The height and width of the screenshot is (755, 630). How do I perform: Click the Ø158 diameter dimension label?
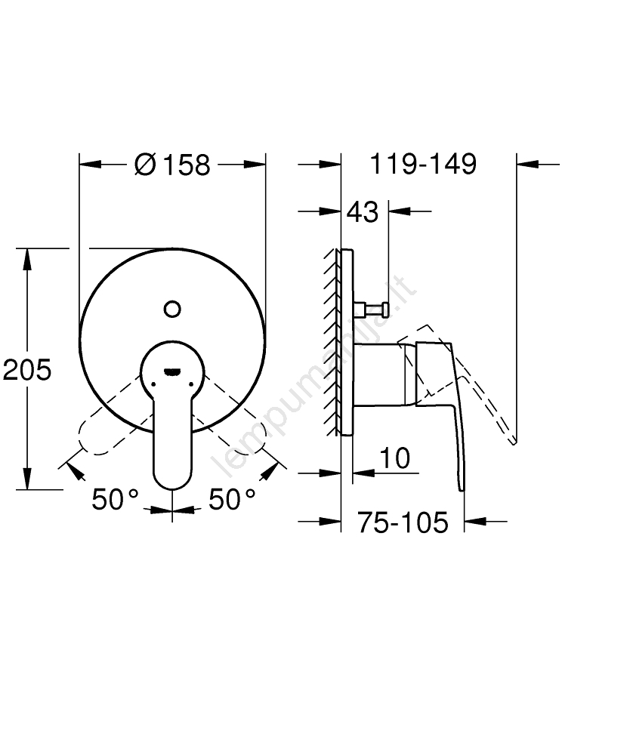point(172,165)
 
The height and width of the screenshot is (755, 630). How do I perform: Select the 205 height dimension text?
point(27,370)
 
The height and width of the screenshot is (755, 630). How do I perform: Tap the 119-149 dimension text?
point(423,164)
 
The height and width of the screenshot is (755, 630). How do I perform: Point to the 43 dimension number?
point(363,212)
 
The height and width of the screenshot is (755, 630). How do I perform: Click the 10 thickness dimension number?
point(395,458)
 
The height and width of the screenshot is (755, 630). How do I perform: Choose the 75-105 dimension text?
point(403,522)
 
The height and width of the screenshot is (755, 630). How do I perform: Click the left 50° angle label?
point(115,499)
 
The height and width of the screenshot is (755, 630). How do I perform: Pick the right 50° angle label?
point(232,499)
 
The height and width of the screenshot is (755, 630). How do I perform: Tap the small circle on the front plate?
point(172,309)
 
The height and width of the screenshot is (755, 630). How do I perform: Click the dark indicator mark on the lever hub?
point(172,371)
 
